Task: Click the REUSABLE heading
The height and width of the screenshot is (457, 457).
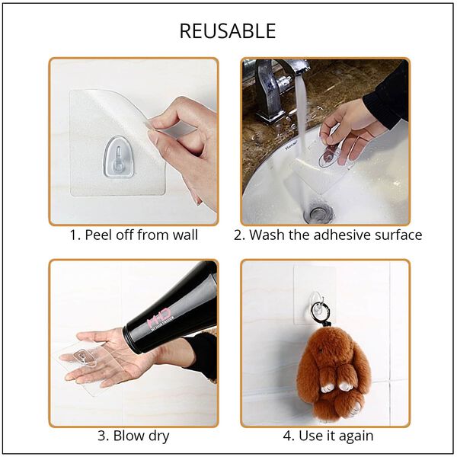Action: [228, 31]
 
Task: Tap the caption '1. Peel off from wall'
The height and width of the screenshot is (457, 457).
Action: [134, 235]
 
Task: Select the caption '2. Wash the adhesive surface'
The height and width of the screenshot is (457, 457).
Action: [328, 235]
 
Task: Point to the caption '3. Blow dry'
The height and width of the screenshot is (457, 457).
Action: [133, 436]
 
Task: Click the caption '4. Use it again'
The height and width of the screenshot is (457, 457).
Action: [328, 436]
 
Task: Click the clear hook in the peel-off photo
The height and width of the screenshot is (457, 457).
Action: [119, 157]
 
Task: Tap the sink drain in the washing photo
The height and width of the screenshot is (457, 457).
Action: [318, 213]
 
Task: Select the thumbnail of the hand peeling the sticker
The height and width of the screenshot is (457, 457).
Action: [133, 142]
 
